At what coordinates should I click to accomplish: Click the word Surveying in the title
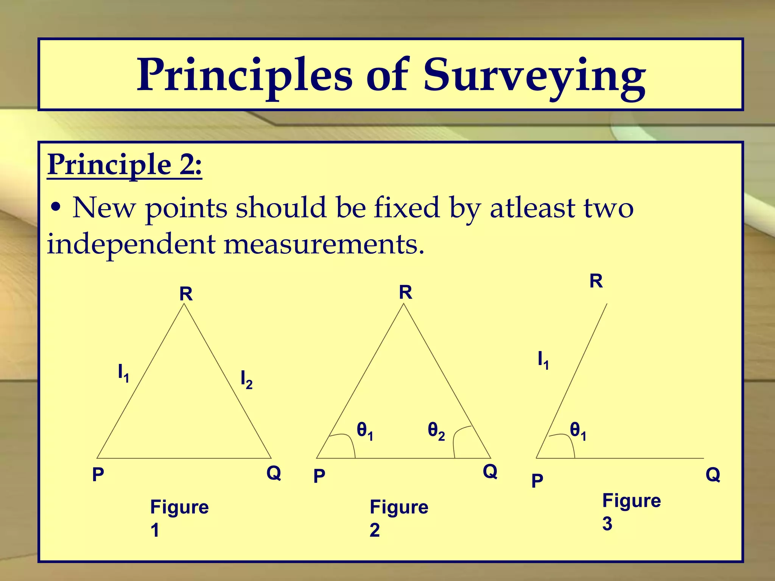534,76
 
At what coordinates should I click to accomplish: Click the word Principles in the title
244,76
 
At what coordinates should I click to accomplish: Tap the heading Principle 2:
124,165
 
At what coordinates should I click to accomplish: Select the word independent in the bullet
131,244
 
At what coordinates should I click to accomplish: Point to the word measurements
324,244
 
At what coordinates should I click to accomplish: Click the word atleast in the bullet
532,208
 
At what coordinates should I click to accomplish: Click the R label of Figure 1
186,294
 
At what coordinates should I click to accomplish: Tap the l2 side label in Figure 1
246,379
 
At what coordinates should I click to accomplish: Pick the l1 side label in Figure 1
123,373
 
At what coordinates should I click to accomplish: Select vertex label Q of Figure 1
274,473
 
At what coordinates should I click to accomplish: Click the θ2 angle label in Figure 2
436,431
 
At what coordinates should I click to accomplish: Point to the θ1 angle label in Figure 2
365,431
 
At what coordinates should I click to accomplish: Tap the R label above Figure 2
405,292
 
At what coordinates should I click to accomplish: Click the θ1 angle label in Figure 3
578,431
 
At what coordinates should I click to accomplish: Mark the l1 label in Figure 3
543,360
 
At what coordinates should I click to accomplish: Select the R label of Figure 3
596,281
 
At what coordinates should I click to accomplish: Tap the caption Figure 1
179,518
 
